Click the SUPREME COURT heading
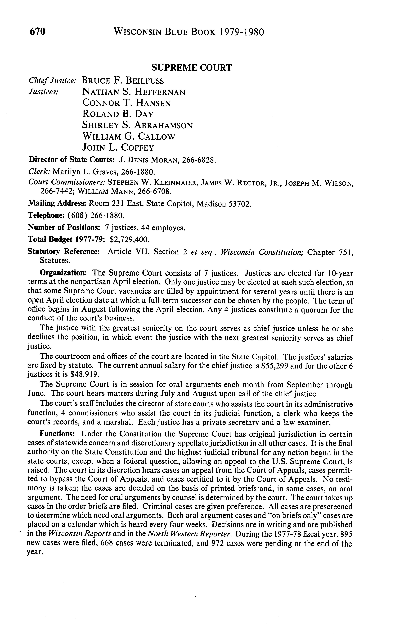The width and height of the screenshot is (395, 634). coord(192,68)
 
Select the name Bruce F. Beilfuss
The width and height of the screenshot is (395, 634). coord(123,81)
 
